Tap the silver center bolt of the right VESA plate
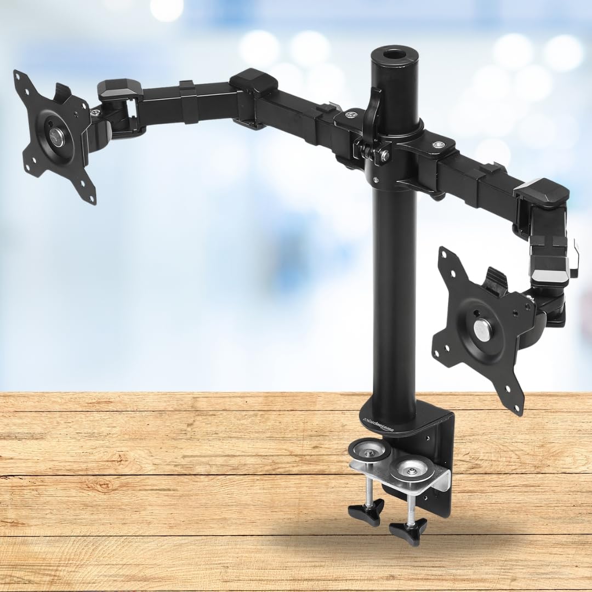(x=482, y=330)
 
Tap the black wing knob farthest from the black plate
(x=366, y=514)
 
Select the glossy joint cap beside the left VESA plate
(x=119, y=89)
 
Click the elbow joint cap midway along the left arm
(x=253, y=82)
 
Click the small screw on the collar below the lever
(x=376, y=179)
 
